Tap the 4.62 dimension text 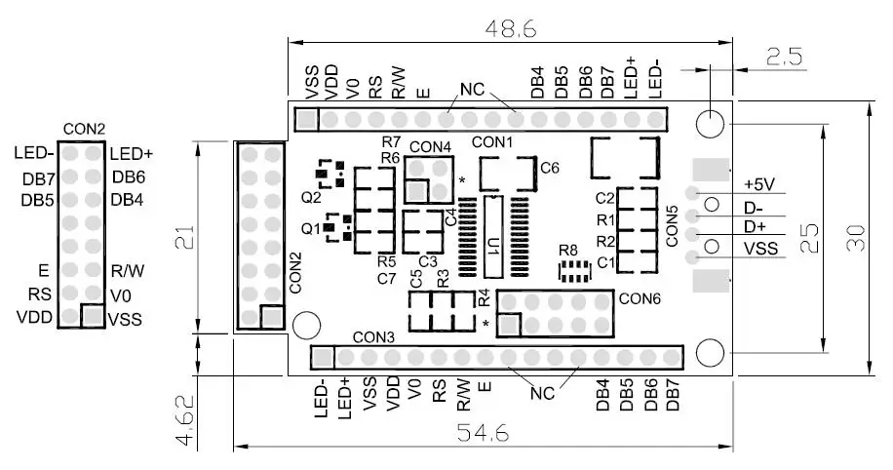[185, 420]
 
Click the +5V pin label [760, 184]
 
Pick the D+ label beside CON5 [756, 227]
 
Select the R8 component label [568, 251]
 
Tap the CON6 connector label [639, 298]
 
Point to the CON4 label [430, 146]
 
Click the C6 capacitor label [550, 168]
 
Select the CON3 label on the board [373, 336]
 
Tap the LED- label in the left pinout [34, 153]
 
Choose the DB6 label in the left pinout [129, 176]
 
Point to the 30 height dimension [855, 238]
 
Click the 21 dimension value [189, 240]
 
